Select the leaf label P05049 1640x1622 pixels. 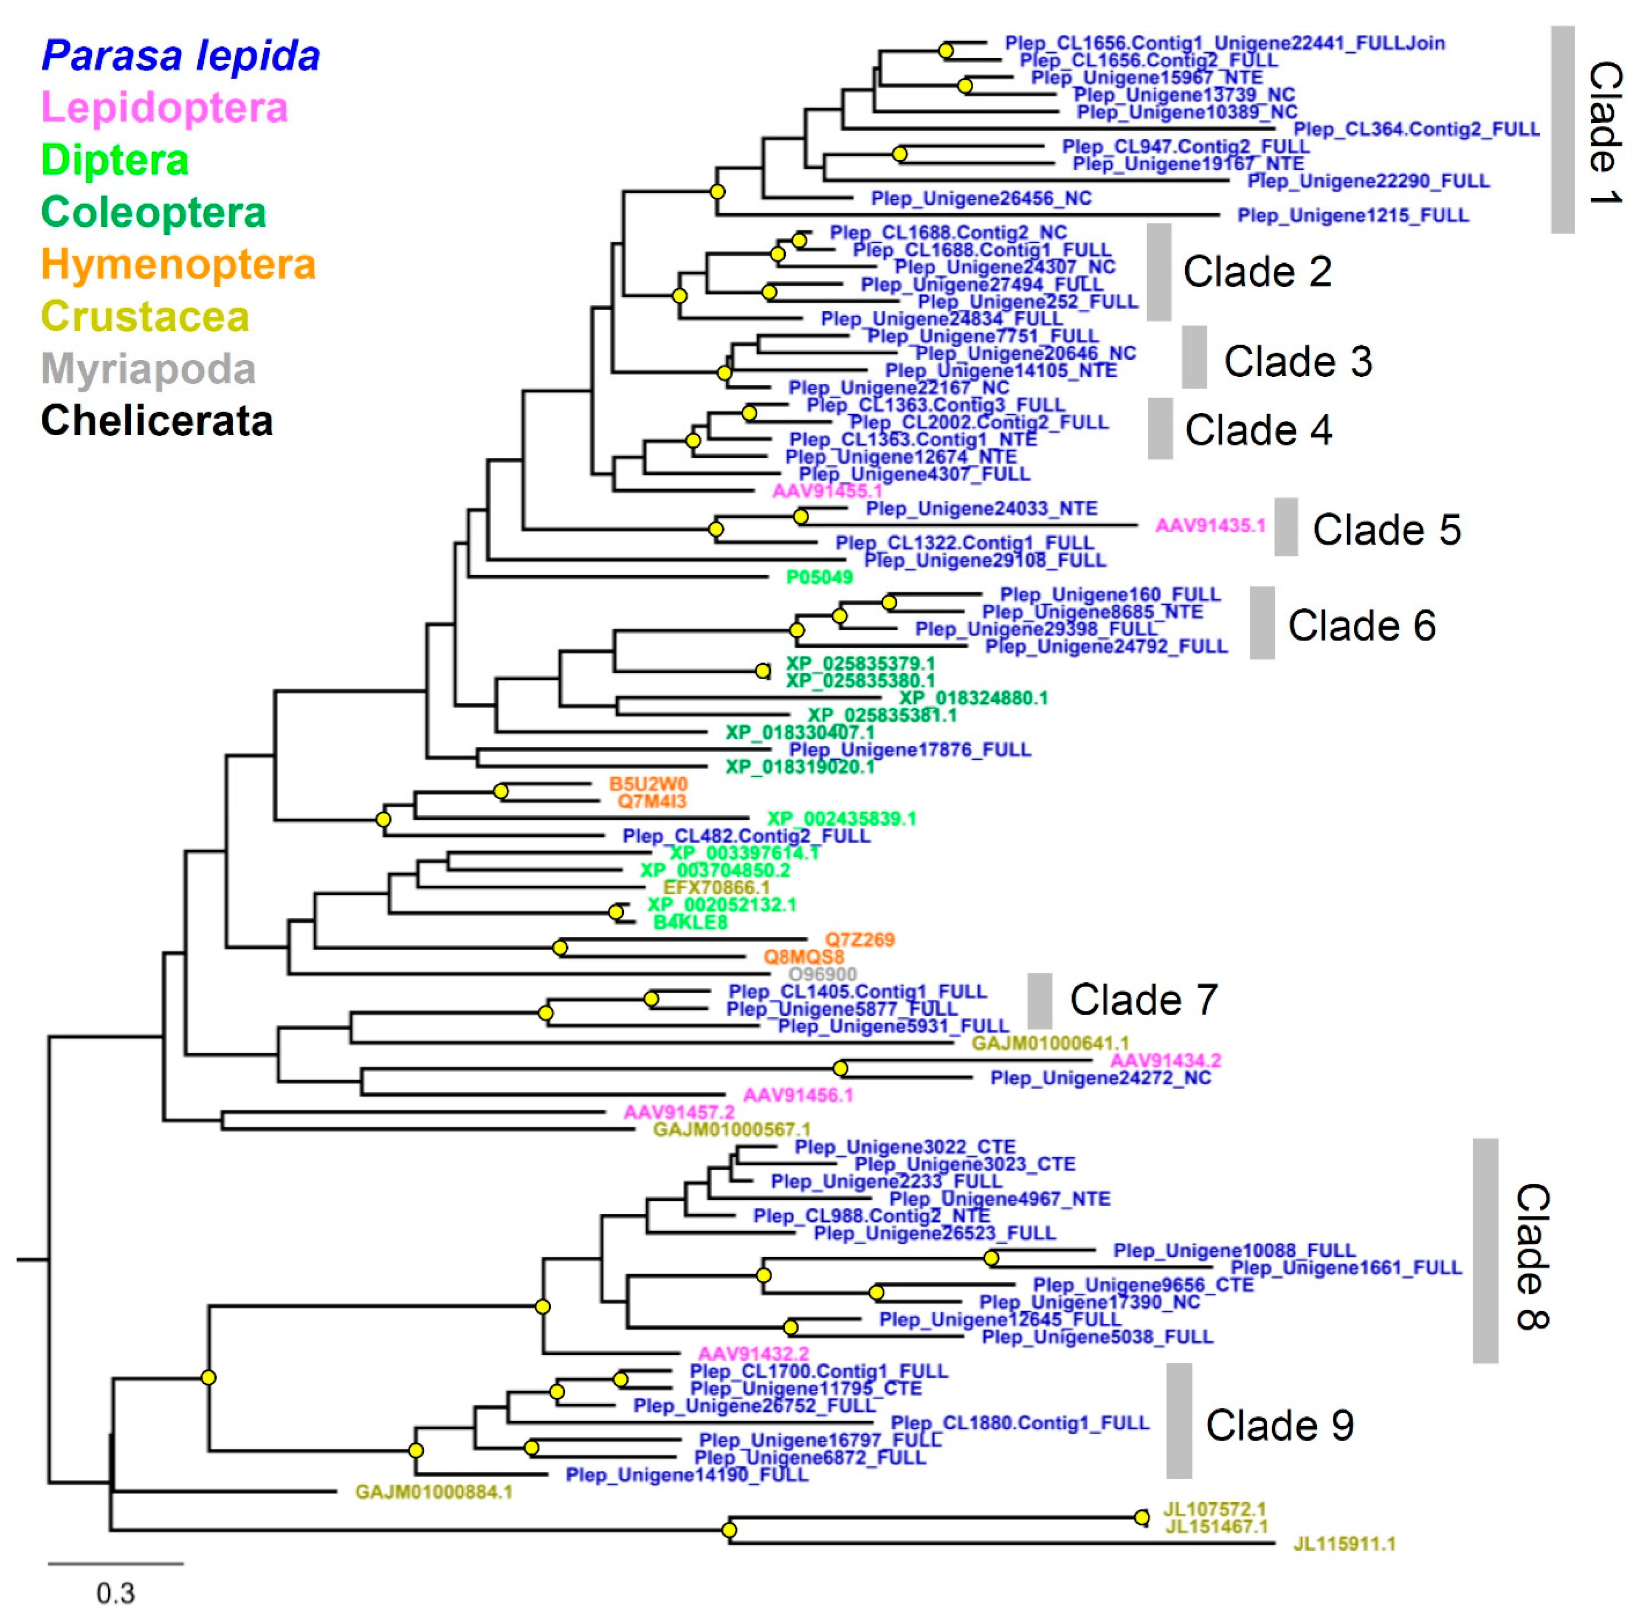coord(819,578)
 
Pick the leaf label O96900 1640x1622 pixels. coord(823,974)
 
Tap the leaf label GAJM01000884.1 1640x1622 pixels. coord(434,1492)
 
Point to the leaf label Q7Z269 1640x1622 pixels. coord(860,939)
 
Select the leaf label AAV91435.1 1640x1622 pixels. coord(1210,526)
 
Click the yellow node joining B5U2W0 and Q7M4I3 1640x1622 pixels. coord(501,792)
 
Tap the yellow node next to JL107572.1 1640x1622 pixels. coord(1142,1518)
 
